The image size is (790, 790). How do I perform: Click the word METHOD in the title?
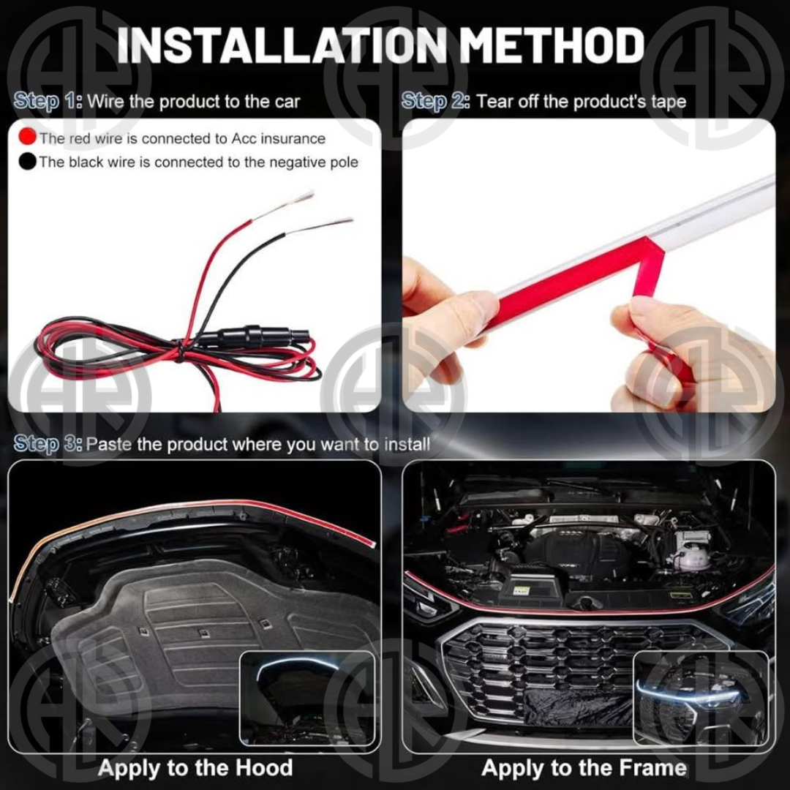click(553, 45)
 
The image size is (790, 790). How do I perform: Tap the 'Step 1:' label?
click(48, 101)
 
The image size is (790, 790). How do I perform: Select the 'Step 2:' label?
click(436, 101)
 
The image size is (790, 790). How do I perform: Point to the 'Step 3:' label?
click(48, 444)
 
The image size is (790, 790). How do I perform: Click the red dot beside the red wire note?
click(27, 137)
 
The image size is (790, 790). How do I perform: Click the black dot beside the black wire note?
click(27, 161)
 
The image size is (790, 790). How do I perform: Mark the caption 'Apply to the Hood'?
click(195, 767)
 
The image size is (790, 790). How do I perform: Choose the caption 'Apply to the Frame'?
click(584, 767)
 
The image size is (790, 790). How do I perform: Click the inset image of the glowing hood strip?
click(307, 699)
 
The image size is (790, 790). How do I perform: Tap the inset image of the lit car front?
click(701, 698)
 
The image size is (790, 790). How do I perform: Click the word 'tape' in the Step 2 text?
click(669, 102)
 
